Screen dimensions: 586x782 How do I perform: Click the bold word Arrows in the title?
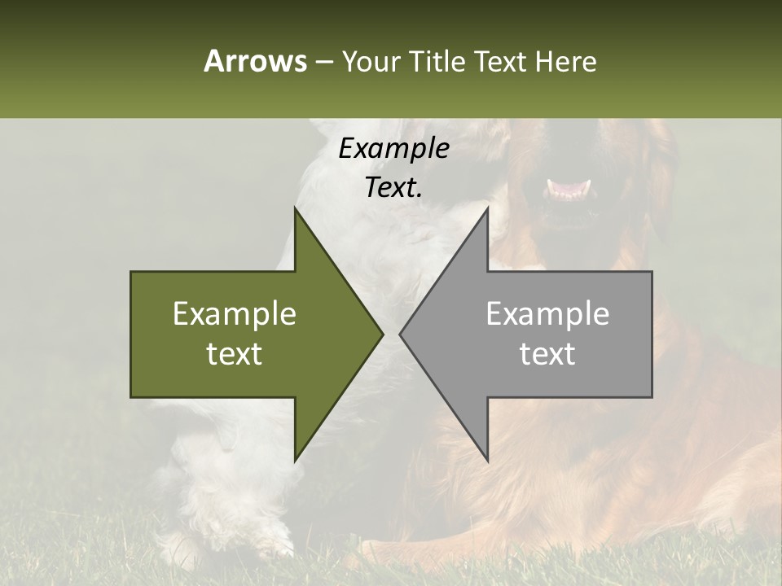255,61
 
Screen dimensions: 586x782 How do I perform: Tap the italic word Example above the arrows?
393,149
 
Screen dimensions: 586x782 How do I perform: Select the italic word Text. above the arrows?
393,187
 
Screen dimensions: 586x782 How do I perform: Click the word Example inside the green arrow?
235,314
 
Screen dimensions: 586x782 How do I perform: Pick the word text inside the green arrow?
235,354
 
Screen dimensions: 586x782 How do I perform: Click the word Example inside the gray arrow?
547,314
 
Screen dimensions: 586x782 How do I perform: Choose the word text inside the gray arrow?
547,354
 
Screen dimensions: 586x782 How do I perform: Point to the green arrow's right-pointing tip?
382,334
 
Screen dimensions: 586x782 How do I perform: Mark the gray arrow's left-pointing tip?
400,334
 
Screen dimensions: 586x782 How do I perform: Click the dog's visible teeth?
570,190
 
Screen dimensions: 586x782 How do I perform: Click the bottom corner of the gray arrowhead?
487,461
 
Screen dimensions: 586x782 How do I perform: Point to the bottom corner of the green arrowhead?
295,461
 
